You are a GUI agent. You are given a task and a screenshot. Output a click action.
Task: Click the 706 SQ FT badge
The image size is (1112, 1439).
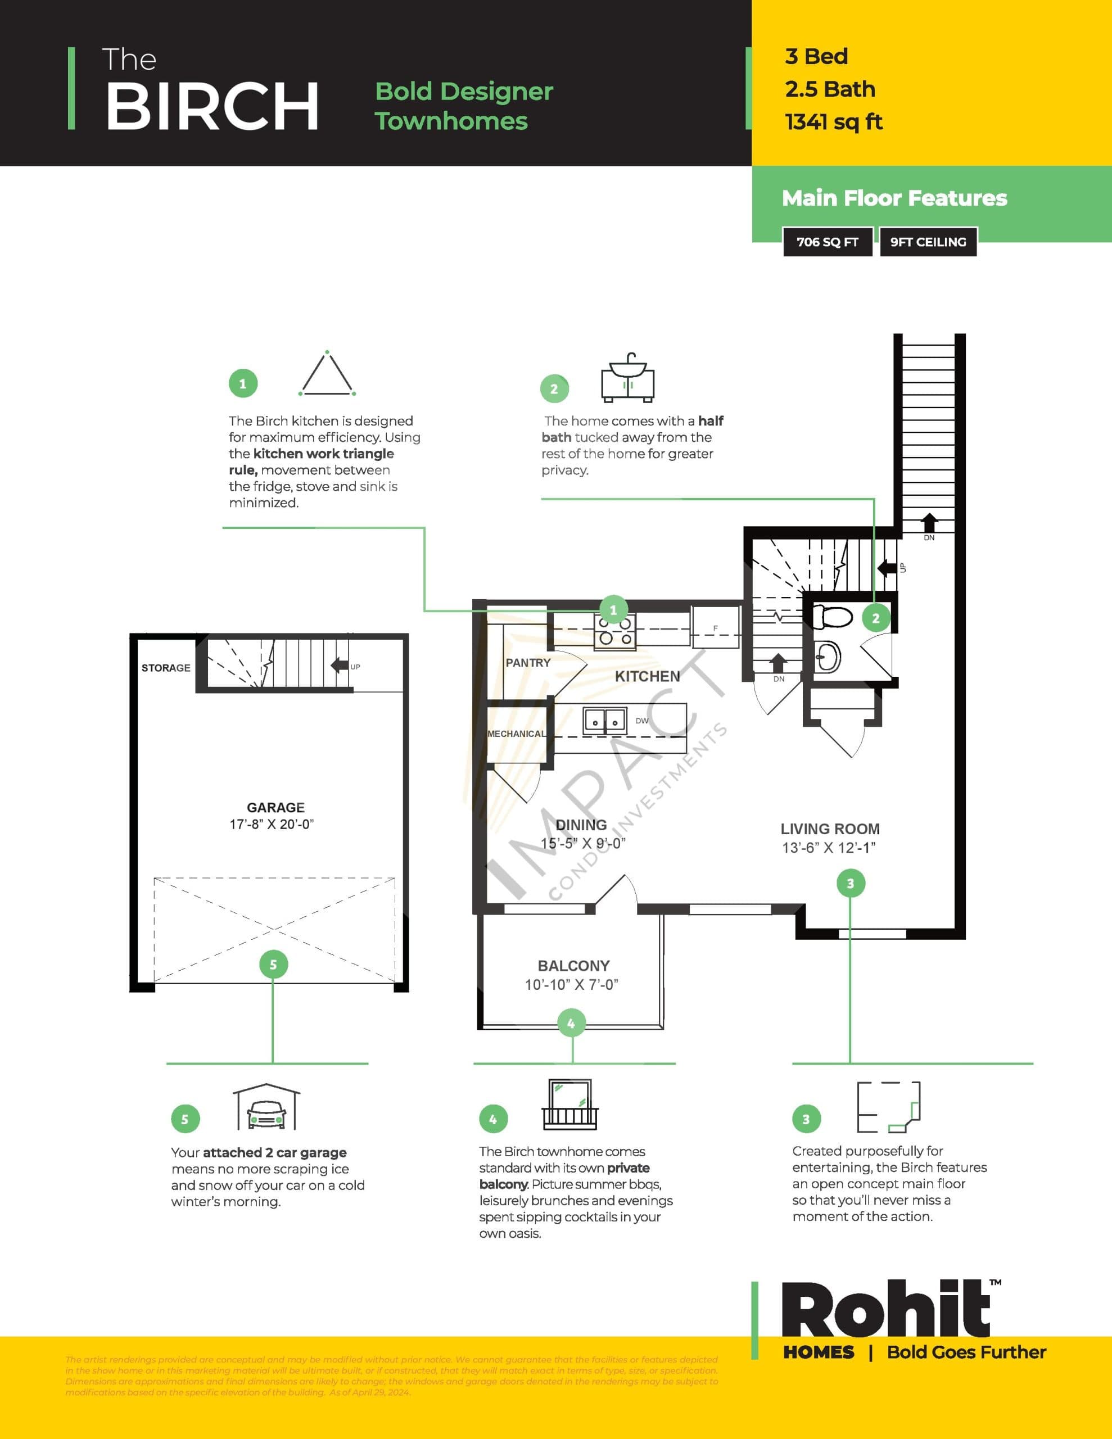[x=827, y=242]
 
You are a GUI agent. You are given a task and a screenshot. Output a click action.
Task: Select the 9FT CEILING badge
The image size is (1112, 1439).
[x=928, y=242]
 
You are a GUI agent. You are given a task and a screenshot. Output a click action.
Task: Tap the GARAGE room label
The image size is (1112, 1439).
[x=275, y=807]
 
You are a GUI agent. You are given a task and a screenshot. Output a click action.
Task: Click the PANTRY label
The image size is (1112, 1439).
[x=527, y=663]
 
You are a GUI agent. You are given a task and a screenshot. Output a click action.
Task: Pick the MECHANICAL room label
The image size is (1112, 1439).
[x=516, y=734]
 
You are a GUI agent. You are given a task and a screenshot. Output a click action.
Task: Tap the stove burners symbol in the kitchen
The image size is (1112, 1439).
[x=615, y=631]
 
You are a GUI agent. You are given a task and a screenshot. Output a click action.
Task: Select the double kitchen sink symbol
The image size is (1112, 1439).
[x=604, y=721]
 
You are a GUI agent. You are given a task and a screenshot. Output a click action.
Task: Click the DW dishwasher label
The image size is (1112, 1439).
[x=642, y=721]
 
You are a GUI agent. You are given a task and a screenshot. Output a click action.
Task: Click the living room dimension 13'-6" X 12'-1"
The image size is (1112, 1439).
[x=829, y=848]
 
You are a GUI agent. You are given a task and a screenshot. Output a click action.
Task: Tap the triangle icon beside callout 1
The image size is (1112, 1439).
[x=327, y=374]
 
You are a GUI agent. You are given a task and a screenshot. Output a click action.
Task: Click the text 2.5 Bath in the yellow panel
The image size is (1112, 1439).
[x=830, y=89]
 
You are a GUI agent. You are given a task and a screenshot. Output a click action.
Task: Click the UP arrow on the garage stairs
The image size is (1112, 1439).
[x=340, y=666]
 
